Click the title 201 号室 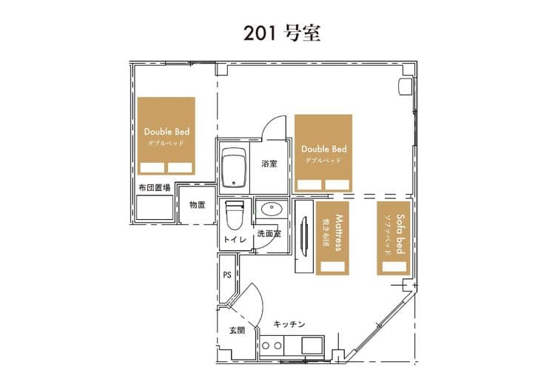pyautogui.click(x=282, y=33)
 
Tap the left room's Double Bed pyautogui.click(x=166, y=136)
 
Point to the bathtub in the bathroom pyautogui.click(x=235, y=168)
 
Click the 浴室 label pyautogui.click(x=269, y=164)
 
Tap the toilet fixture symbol pyautogui.click(x=235, y=215)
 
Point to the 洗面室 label pyautogui.click(x=269, y=233)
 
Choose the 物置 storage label pyautogui.click(x=197, y=205)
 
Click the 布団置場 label pyautogui.click(x=154, y=188)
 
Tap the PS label pyautogui.click(x=227, y=275)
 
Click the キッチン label pyautogui.click(x=289, y=324)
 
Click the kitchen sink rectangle pyautogui.click(x=310, y=345)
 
